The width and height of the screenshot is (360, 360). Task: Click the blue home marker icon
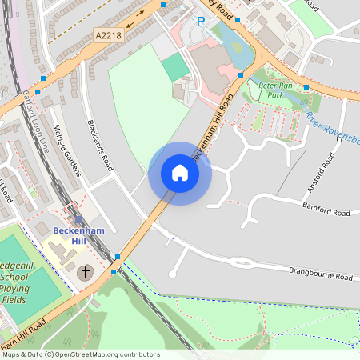coord(179,173)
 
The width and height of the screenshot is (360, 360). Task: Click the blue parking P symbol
coord(201,22)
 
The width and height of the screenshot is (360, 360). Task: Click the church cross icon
coord(85,273)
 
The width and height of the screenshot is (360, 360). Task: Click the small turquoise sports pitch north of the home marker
coord(175,67)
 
